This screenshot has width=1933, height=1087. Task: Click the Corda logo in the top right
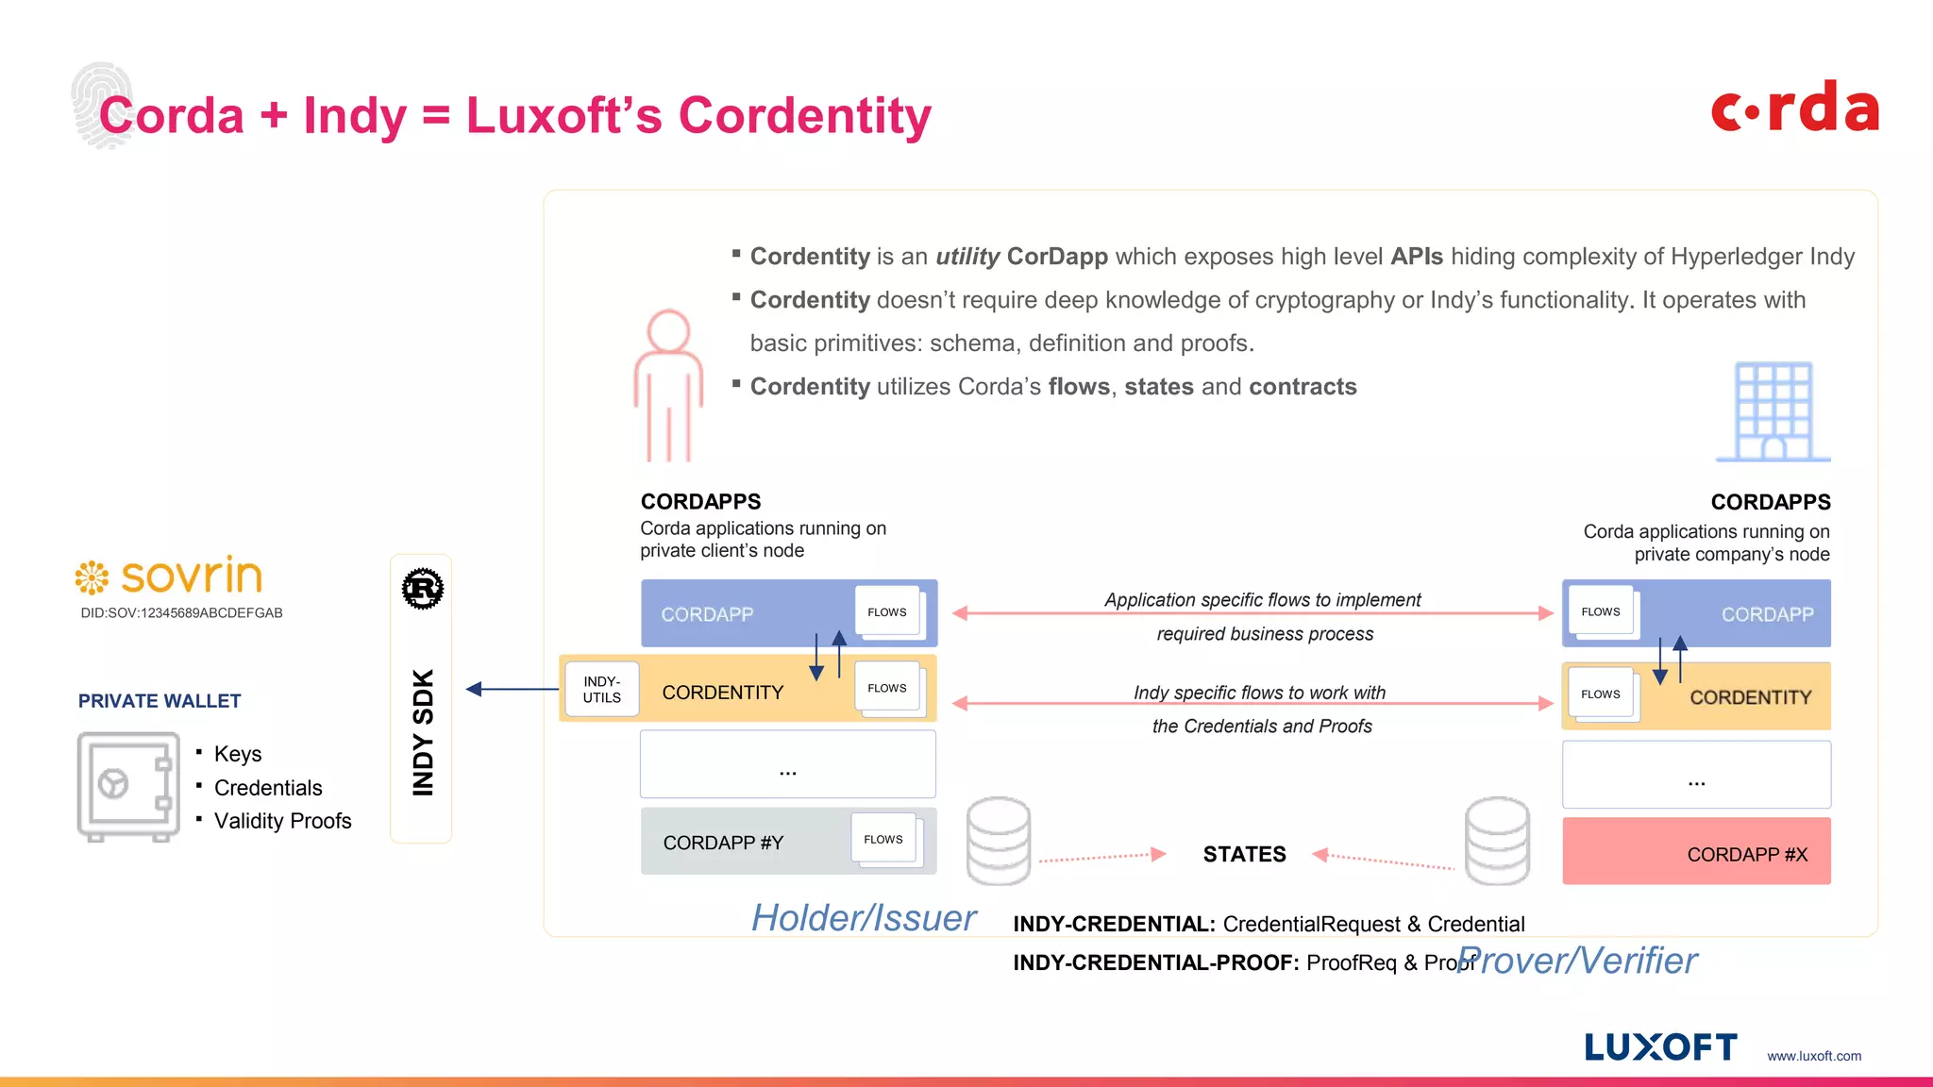[1794, 108]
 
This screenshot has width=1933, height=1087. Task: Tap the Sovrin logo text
[191, 576]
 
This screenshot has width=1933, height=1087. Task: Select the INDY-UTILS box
[602, 690]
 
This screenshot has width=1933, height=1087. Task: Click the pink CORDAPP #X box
[1696, 852]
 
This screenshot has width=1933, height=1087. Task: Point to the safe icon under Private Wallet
[128, 786]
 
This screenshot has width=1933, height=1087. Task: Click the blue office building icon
[1773, 412]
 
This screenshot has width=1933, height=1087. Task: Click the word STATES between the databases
[1244, 854]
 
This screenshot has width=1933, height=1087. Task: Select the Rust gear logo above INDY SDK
[422, 589]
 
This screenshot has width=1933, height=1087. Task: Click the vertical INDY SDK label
[423, 732]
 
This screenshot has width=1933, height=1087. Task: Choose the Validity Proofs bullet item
[282, 821]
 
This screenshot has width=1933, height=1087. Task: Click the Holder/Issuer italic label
[863, 918]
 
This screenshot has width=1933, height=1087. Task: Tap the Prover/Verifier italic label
[1576, 961]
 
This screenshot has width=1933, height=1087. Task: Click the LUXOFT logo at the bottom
[1660, 1047]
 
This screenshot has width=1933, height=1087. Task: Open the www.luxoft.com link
[1814, 1056]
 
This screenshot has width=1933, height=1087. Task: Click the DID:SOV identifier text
[181, 612]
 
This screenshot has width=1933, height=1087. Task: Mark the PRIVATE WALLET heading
[160, 701]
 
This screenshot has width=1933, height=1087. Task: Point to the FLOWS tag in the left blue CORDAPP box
[887, 612]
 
